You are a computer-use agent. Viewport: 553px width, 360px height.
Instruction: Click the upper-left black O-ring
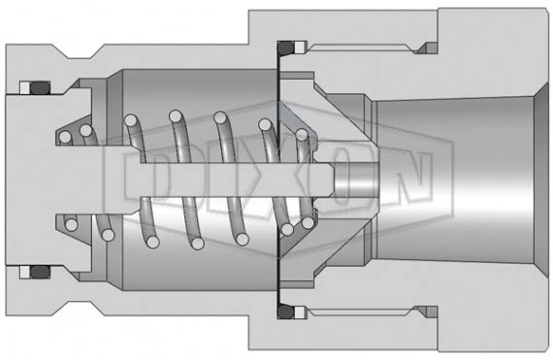[x=38, y=88]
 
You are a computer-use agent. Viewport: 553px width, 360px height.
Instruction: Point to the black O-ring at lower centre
[x=285, y=311]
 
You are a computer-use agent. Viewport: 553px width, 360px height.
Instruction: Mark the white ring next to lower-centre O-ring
[x=302, y=311]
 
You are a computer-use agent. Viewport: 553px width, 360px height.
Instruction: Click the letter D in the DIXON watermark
[x=146, y=180]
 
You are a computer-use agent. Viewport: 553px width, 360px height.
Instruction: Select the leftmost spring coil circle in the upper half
[x=65, y=137]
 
